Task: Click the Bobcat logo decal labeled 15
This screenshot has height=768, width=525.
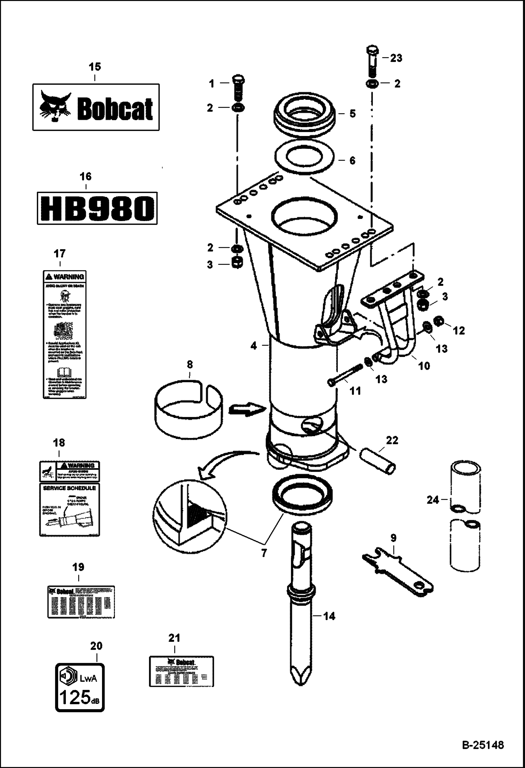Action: pos(96,107)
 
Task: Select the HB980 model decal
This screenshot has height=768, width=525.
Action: pos(97,208)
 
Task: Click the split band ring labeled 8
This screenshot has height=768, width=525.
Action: pos(189,409)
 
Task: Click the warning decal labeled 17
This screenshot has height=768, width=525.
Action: pos(64,334)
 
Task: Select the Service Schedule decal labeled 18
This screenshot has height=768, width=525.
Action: pos(69,508)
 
